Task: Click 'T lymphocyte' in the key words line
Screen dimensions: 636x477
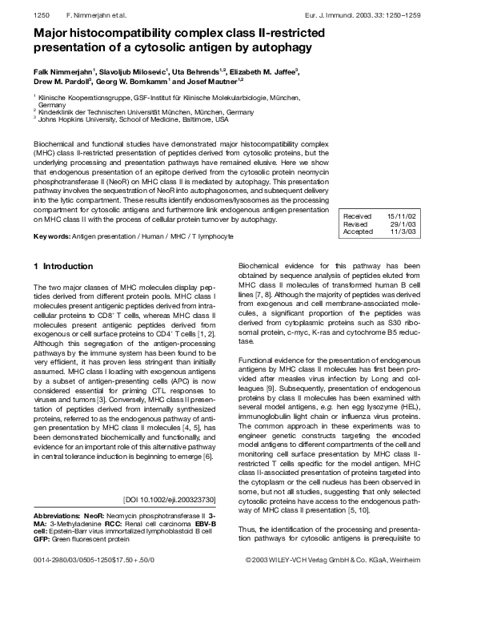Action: (x=210, y=237)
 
